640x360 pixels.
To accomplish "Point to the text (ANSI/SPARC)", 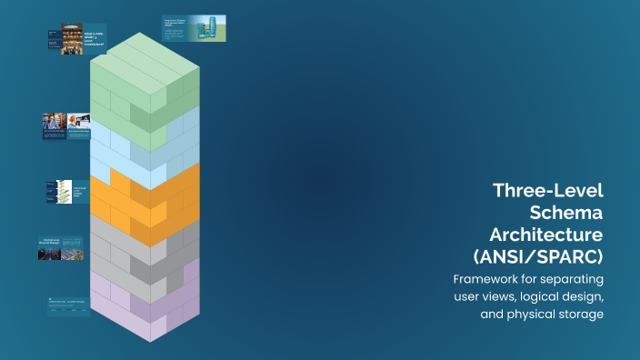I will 538,255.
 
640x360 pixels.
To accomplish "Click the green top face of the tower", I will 145,55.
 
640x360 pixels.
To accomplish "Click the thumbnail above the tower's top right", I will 194,28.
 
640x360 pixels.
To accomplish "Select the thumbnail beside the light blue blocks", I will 66,126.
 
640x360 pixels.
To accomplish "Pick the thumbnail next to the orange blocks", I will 65,191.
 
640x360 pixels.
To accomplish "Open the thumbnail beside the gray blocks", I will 61,248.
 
